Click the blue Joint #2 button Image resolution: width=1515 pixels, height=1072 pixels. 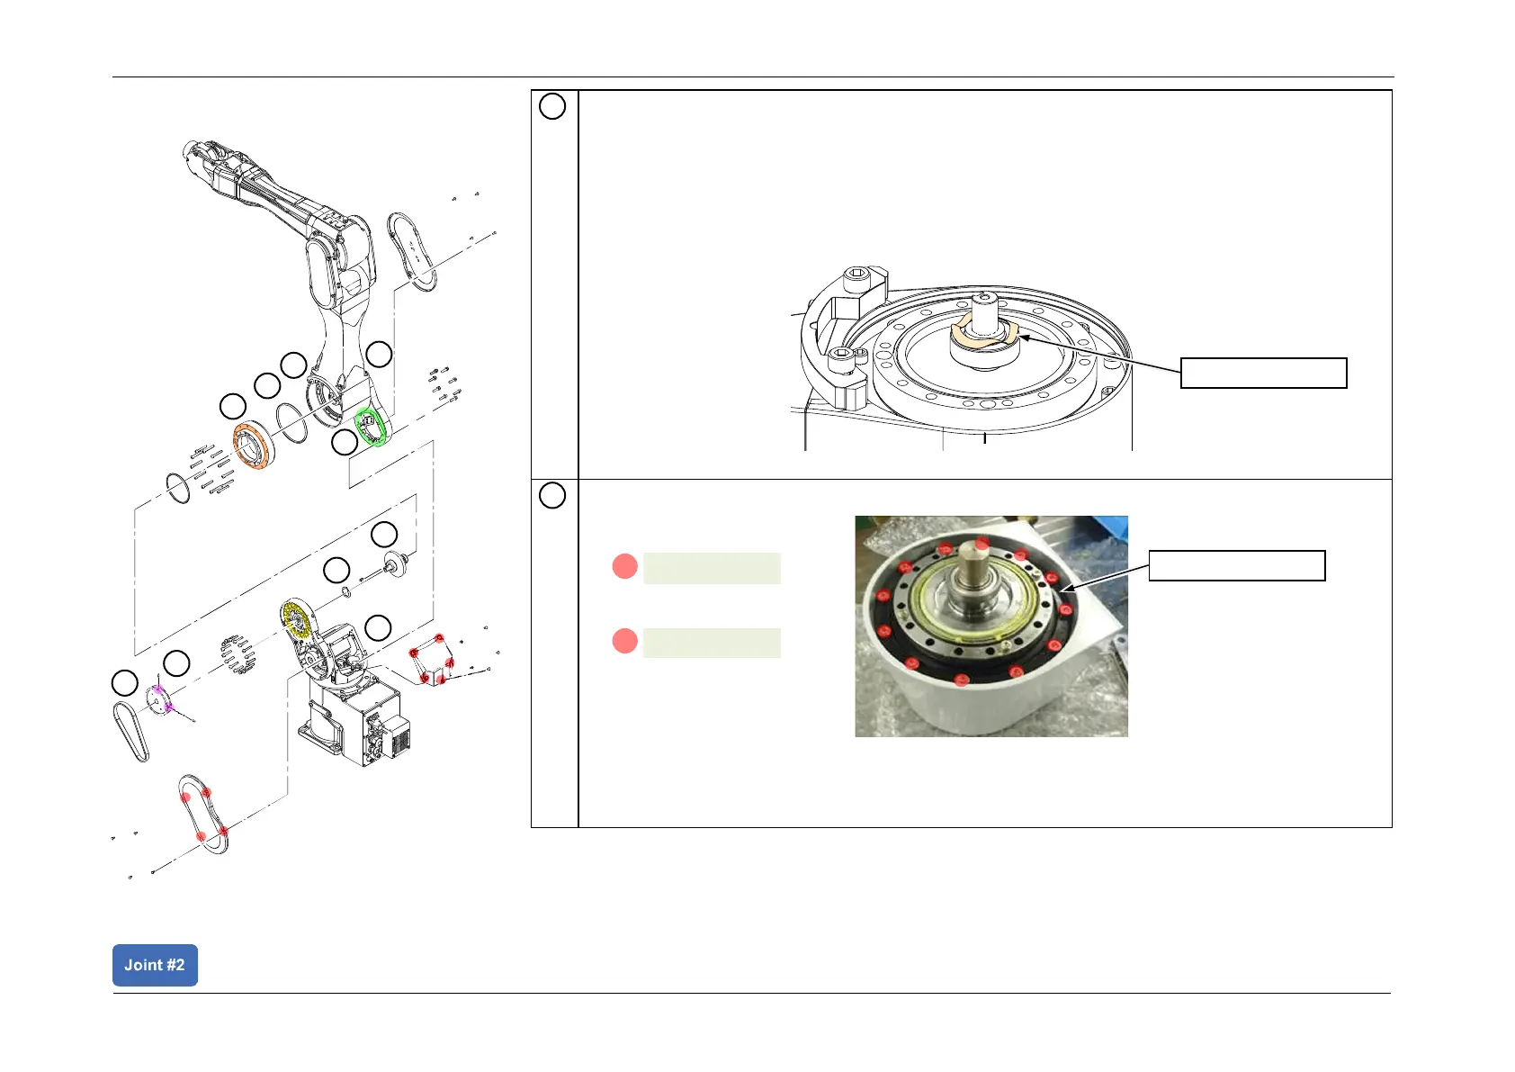(155, 965)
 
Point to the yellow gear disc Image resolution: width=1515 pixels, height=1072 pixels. (296, 620)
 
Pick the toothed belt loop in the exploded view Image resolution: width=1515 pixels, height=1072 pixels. (130, 731)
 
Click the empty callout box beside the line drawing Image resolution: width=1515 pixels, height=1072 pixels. (1263, 373)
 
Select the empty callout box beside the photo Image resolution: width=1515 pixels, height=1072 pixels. (1237, 565)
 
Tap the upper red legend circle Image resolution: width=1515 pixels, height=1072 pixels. (624, 566)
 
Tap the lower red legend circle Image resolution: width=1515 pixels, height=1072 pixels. (624, 641)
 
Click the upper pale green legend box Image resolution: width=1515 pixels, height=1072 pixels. (712, 568)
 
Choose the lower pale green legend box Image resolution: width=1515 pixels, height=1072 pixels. (712, 643)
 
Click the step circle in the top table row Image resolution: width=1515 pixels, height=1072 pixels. (552, 106)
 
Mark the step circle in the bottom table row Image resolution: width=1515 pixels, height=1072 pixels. (552, 495)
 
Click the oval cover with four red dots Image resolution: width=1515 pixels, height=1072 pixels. (204, 815)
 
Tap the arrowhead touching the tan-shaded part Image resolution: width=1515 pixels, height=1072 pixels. (1022, 338)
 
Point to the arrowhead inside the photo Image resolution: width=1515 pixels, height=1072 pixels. (1068, 589)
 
